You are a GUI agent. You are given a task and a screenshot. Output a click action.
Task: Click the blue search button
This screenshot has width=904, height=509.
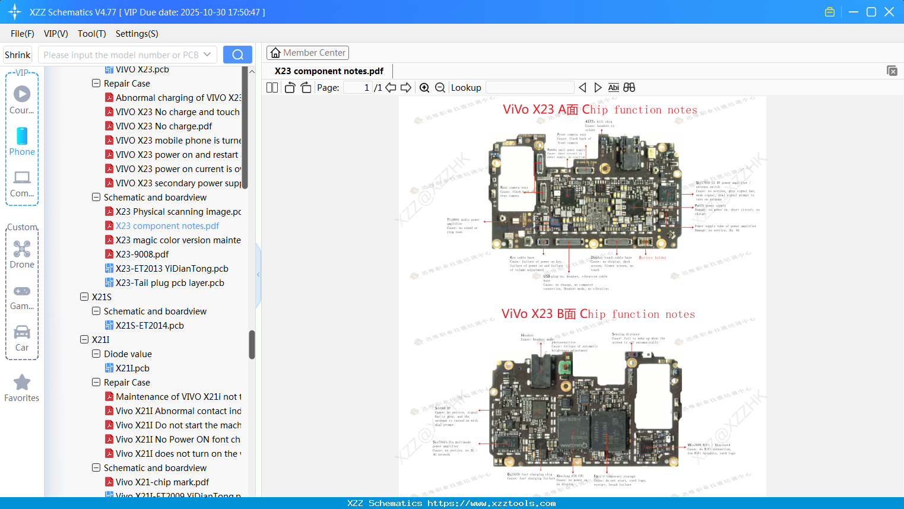point(237,55)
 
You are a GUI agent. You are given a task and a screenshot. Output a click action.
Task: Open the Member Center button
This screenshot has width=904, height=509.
point(307,53)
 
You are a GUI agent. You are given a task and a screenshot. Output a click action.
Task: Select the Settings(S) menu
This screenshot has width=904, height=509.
point(137,34)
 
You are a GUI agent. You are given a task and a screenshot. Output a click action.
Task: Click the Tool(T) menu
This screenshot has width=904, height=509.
point(91,34)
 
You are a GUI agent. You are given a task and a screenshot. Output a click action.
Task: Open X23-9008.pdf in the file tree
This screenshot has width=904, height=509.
point(142,254)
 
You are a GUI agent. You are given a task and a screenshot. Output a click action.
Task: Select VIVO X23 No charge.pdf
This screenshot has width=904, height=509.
point(163,126)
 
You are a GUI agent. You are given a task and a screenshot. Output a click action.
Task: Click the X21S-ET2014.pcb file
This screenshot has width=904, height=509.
point(149,326)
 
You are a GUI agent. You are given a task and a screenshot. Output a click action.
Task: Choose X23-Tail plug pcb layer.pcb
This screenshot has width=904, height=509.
point(169,283)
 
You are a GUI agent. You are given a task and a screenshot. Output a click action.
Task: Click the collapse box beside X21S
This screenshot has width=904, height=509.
point(84,297)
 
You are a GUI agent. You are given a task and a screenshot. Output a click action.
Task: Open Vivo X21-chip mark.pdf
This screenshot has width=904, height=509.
point(162,482)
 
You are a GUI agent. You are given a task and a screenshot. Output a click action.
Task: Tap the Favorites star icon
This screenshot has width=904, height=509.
point(22,383)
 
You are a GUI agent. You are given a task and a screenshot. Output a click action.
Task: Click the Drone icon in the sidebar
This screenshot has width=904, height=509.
point(22,249)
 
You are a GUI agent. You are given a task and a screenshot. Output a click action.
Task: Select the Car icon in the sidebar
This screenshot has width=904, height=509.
point(22,332)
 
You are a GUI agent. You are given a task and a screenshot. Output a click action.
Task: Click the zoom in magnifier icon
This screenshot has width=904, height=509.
point(424,88)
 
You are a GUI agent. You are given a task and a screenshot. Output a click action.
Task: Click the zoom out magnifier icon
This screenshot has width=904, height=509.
point(440,88)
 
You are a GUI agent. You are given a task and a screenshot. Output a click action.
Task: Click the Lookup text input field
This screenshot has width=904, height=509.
point(529,88)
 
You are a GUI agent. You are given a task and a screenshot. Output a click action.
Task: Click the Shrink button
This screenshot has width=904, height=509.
point(18,55)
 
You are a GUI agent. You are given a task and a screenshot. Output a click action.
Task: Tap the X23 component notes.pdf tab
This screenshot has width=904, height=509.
point(329,71)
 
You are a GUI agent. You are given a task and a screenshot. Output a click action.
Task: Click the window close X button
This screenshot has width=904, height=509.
point(889,12)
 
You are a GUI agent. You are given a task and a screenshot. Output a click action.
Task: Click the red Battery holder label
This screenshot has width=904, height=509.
point(652,257)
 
